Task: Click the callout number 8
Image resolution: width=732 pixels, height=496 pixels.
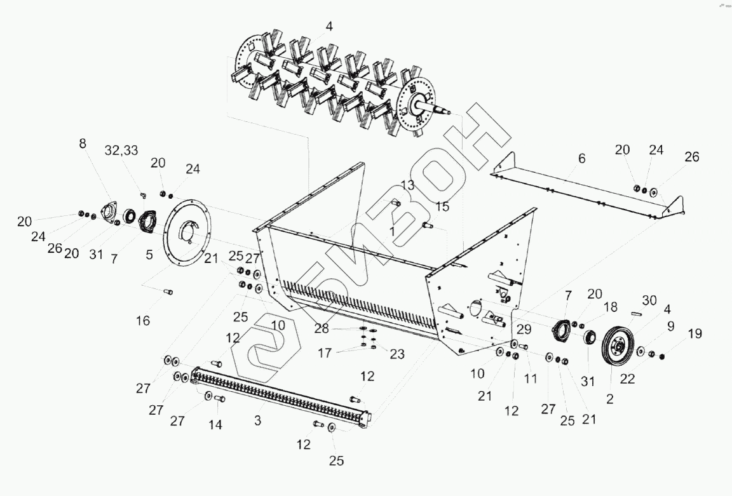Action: tap(83, 144)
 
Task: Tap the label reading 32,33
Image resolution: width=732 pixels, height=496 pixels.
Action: tap(121, 151)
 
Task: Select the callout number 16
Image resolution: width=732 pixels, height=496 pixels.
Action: tap(143, 321)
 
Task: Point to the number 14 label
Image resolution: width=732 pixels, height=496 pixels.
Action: tap(216, 425)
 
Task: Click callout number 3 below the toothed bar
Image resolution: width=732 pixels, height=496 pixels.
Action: tap(257, 420)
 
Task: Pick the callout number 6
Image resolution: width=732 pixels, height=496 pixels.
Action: tap(581, 159)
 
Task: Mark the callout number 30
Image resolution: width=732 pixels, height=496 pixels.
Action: tap(649, 300)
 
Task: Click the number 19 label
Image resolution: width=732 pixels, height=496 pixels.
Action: tap(695, 333)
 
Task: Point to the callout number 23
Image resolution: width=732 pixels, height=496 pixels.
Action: tap(396, 354)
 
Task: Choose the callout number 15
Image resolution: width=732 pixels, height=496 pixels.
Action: tap(442, 206)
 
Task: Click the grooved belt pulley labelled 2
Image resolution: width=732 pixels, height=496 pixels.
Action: tap(615, 347)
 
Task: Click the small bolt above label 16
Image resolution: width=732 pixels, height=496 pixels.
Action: tap(168, 292)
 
